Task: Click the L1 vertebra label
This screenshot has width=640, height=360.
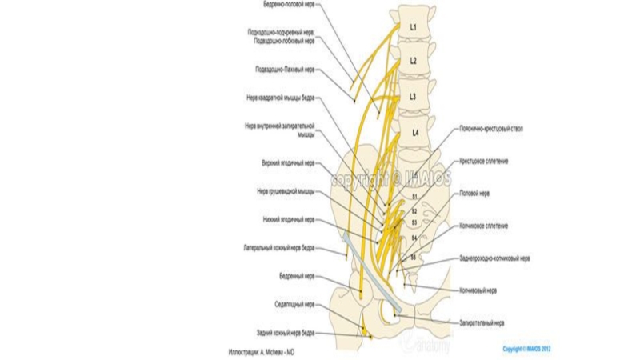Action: (x=414, y=27)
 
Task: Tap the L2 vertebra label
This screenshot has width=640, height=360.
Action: (x=414, y=61)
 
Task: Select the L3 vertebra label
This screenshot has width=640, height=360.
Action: (x=414, y=97)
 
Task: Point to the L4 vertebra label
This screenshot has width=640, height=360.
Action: (x=414, y=133)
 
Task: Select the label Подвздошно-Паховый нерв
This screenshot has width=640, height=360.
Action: (x=285, y=70)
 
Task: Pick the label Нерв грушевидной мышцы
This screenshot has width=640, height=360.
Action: (x=286, y=191)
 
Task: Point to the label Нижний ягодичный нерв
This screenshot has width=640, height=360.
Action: (x=288, y=219)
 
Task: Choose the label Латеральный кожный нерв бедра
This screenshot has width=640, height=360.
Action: (x=280, y=248)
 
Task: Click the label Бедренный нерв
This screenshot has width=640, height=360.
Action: (x=297, y=276)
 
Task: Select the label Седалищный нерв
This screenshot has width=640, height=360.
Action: (x=296, y=304)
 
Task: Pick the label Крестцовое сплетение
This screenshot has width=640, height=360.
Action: (x=484, y=160)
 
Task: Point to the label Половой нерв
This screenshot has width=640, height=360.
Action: (x=480, y=193)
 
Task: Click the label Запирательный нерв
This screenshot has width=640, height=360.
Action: (x=482, y=323)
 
